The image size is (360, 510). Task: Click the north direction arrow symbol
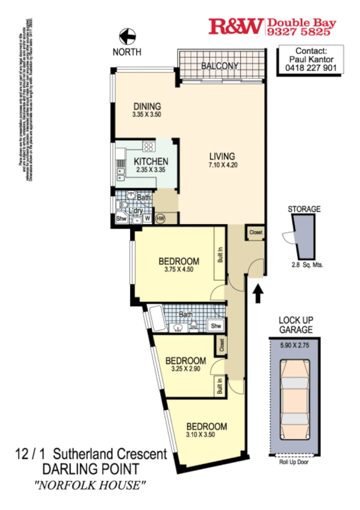(126, 37)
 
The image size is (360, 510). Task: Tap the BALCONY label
(220, 66)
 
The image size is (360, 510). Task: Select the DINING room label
(147, 106)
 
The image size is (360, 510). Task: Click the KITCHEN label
(151, 162)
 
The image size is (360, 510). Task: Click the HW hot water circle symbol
(160, 219)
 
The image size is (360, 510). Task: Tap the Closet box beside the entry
(255, 232)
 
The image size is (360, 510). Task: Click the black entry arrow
(258, 294)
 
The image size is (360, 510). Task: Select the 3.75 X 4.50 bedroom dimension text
(178, 270)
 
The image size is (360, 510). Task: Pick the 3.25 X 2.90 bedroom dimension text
(185, 369)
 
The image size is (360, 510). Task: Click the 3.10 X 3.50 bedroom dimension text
(206, 435)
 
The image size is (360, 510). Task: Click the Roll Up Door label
(294, 462)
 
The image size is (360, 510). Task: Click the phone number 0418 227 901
(311, 68)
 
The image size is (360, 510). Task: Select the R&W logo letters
(235, 26)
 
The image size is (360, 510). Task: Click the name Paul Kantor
(311, 60)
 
